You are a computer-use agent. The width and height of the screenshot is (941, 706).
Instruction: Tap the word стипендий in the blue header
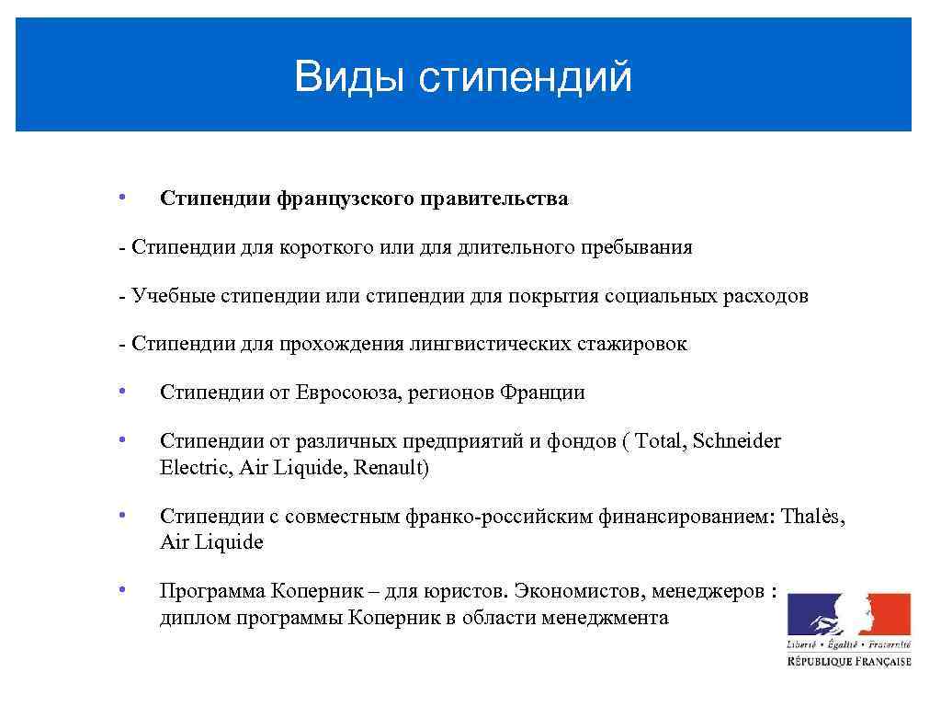pos(525,77)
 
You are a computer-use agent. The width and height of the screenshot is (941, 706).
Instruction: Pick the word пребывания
pos(636,247)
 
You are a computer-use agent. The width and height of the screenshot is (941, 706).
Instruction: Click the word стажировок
pos(631,344)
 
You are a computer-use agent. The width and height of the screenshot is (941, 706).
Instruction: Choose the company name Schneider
pos(736,441)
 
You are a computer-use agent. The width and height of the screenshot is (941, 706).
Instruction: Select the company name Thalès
pos(812,516)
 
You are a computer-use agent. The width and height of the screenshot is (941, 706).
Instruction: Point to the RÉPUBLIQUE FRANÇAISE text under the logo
pos(848,661)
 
